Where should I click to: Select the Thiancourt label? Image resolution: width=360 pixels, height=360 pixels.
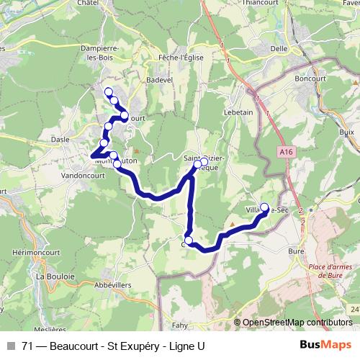pyautogui.click(x=261, y=3)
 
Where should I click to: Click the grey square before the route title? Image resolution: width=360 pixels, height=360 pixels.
pyautogui.click(x=12, y=346)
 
